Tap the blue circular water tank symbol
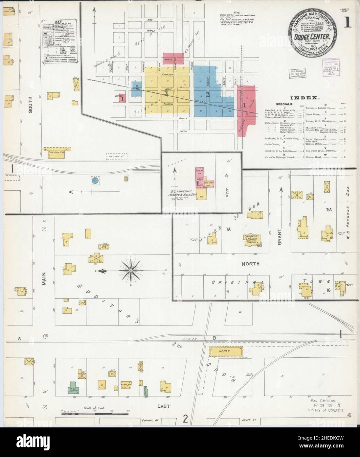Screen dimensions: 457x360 95,180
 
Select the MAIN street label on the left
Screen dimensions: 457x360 44,277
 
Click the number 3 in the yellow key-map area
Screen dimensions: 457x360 167,93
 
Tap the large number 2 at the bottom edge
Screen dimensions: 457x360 186,419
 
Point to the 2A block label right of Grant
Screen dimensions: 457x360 329,218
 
